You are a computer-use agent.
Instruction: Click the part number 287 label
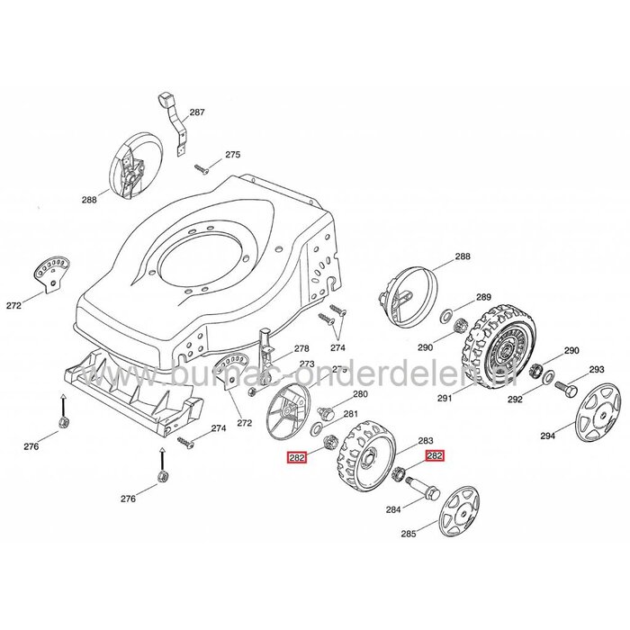[196, 112]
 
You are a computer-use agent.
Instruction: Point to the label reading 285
[409, 533]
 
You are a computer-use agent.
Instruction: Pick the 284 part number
[392, 509]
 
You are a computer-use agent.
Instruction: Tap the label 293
[596, 369]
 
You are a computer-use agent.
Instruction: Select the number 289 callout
[483, 298]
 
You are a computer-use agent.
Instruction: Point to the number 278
[301, 348]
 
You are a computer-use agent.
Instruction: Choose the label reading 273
[307, 364]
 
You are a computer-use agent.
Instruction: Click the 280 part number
[359, 394]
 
